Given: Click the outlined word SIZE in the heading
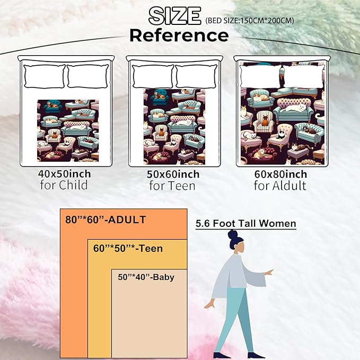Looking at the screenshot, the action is (174, 16).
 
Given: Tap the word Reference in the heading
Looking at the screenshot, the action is (179, 36).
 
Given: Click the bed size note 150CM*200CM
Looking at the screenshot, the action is (249, 21).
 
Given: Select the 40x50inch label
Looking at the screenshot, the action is (65, 174).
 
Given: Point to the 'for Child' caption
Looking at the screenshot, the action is (64, 185).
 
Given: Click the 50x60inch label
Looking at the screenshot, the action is (173, 174).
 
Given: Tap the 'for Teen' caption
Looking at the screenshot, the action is (172, 186).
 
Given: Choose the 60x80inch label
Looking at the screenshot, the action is (280, 174).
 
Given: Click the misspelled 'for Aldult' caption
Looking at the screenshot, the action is (280, 186).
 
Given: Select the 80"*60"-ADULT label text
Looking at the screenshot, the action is (106, 219).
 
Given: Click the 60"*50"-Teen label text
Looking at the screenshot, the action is (128, 249).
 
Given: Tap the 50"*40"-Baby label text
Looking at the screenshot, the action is (146, 277).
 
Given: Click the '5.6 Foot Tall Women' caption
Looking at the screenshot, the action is (246, 223).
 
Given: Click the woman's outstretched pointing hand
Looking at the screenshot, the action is (269, 273).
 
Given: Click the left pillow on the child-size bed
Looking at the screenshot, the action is (45, 76).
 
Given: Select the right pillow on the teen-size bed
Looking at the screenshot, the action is (196, 76).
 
